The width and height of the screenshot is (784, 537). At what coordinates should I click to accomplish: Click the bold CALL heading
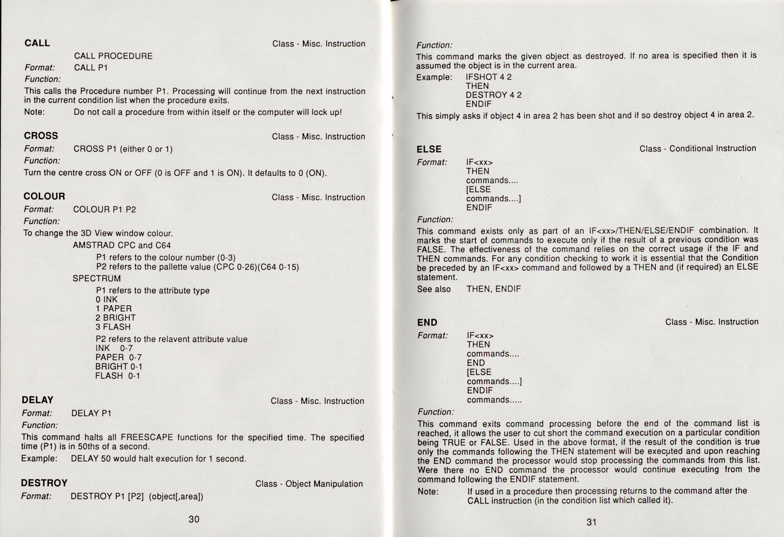point(37,43)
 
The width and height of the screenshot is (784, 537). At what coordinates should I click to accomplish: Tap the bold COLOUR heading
point(44,196)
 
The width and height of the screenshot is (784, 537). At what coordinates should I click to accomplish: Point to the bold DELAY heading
point(37,400)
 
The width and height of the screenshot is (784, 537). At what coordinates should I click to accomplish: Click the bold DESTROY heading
point(44,483)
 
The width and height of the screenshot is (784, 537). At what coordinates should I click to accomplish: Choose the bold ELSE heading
point(429,149)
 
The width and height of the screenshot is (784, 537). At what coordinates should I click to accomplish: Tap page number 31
point(591,522)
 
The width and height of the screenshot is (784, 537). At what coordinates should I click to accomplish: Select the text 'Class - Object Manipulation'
point(309,484)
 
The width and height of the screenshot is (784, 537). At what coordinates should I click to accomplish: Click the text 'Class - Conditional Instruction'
point(698,148)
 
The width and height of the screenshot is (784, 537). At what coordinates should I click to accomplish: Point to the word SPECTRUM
point(97,279)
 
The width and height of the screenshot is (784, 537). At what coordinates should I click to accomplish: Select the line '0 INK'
point(107,300)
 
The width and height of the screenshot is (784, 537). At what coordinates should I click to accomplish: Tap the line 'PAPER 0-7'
point(119,357)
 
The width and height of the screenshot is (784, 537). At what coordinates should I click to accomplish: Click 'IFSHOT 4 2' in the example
point(488,77)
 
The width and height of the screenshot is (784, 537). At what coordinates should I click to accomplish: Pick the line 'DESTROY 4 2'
point(494,95)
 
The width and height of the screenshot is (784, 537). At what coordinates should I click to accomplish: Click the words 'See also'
point(434,289)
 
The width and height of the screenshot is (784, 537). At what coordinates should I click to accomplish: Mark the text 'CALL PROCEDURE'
point(113,56)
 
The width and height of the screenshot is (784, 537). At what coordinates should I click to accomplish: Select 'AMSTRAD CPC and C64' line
point(122,245)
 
